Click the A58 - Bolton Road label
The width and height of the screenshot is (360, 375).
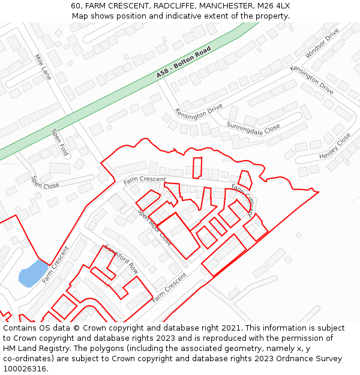coord(184,62)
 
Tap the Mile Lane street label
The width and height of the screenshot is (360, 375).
coord(43,67)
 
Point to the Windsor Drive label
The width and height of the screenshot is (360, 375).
coord(322,43)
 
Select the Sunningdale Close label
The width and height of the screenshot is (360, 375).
coord(253,127)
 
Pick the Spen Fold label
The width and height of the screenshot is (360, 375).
coord(59,142)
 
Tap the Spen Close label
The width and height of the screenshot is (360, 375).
coord(46,182)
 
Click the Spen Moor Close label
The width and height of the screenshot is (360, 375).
coord(155,227)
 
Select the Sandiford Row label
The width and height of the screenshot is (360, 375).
coord(121,259)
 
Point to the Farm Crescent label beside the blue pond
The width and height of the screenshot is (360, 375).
coord(56,264)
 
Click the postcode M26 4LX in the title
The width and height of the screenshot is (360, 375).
coord(274,5)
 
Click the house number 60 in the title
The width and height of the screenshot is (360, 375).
coord(76,5)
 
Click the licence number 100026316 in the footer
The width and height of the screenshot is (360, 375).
coord(26,368)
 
